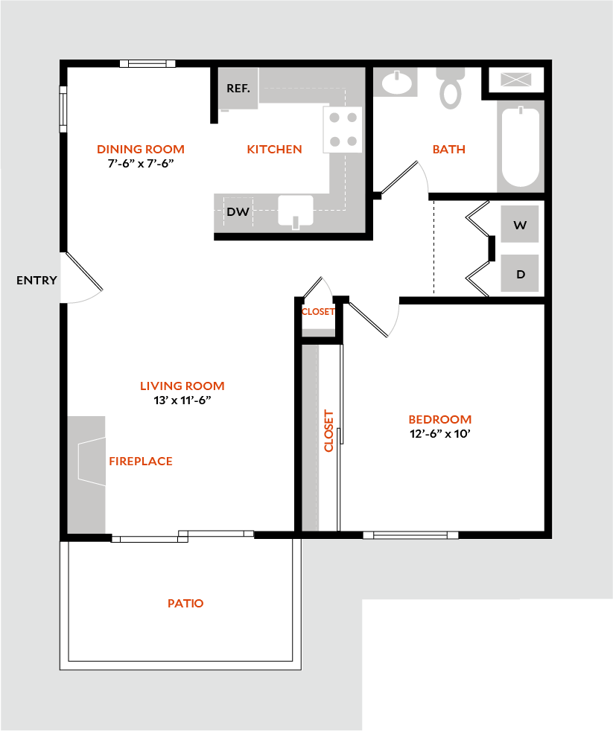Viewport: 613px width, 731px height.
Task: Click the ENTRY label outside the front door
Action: (x=36, y=280)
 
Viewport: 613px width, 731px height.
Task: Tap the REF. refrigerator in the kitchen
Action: (x=238, y=89)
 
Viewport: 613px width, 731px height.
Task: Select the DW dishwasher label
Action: (x=238, y=211)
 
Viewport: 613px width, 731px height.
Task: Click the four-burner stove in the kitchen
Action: (x=343, y=129)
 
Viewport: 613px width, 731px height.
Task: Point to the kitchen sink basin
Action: (x=296, y=210)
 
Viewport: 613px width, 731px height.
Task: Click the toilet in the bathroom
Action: (x=451, y=88)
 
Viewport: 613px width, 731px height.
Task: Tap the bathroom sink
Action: (x=396, y=83)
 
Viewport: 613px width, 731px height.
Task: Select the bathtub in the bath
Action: (x=520, y=146)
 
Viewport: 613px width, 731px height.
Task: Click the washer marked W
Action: (x=520, y=225)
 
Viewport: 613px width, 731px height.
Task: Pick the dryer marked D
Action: (x=520, y=273)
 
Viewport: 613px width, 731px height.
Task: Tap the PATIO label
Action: (x=185, y=603)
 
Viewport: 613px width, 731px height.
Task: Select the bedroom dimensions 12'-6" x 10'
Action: (x=440, y=434)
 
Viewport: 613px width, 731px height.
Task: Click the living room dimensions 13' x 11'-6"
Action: (x=182, y=400)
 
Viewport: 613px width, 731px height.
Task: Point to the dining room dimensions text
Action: (x=141, y=164)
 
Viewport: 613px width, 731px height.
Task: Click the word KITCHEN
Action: (x=274, y=149)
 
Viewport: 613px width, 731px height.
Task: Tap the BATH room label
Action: (x=449, y=149)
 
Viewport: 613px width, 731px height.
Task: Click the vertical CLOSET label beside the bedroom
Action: (x=329, y=431)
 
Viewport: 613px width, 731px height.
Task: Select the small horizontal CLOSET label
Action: (x=318, y=311)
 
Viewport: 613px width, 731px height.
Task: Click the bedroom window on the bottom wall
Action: (x=410, y=535)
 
